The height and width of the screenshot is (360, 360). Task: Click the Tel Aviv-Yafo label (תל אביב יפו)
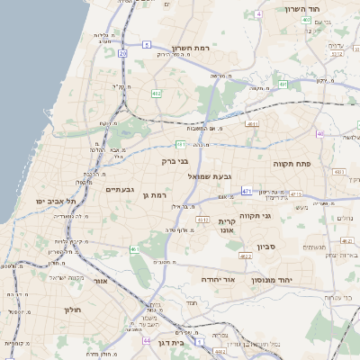58,201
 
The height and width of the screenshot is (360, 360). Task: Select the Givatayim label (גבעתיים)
120,189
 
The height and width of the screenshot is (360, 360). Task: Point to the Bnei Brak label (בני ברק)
176,162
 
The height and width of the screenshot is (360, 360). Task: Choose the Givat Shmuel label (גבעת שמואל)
213,175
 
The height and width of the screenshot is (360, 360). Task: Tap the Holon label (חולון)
71,310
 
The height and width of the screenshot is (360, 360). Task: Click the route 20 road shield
122,54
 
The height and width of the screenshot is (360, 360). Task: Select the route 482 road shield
157,93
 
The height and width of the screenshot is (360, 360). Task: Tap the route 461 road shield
135,249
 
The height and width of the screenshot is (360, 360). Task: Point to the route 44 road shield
147,342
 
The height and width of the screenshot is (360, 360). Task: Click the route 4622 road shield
246,256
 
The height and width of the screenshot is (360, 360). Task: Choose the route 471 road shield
246,191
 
